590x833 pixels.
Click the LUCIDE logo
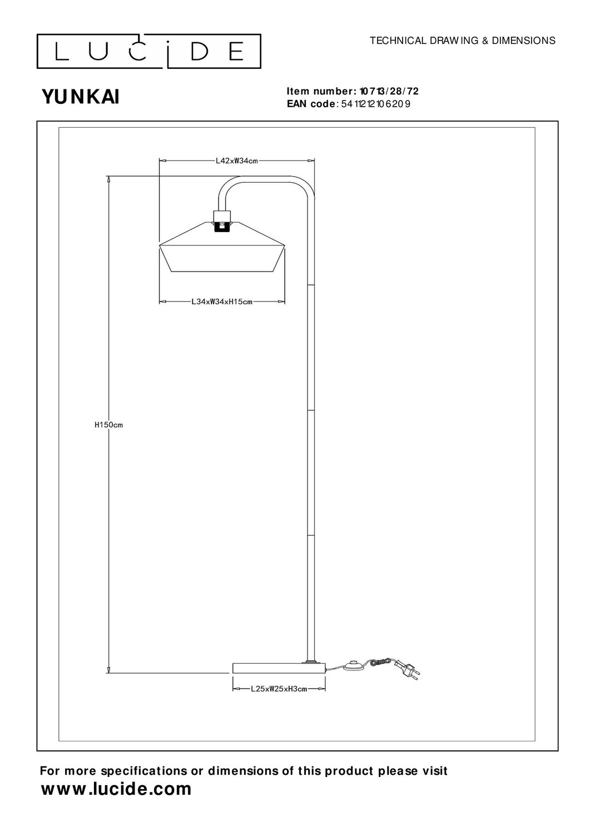[x=149, y=51]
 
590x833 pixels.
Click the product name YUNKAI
[x=81, y=97]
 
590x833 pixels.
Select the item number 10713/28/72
[x=388, y=92]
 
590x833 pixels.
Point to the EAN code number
[x=376, y=104]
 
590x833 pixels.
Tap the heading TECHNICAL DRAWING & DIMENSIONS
[x=462, y=41]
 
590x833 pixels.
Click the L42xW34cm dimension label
[x=237, y=162]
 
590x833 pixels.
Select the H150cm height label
[x=108, y=425]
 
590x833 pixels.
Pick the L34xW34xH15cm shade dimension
[x=222, y=302]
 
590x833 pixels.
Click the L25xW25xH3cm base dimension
[x=279, y=689]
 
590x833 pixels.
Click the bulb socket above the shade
[x=223, y=220]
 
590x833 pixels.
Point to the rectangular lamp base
[x=278, y=668]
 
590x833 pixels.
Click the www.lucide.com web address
[x=116, y=789]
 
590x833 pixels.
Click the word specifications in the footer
[x=145, y=771]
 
